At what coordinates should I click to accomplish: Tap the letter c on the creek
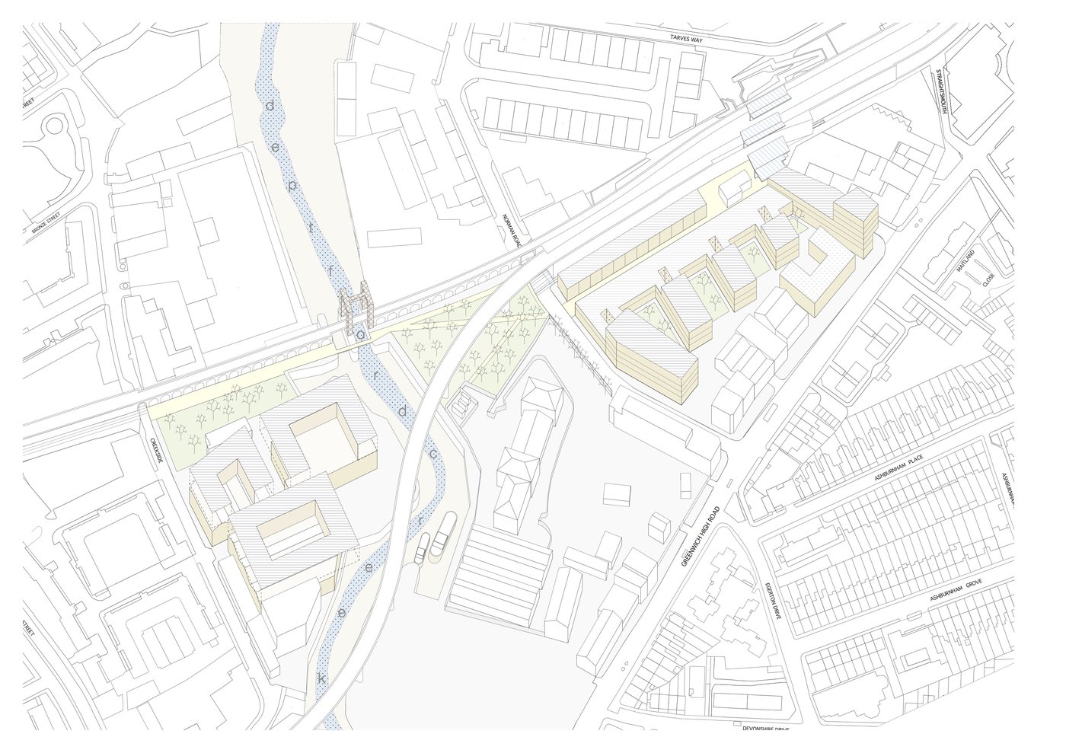[432, 454]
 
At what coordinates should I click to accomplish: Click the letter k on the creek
[321, 678]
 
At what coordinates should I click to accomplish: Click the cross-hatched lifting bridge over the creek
[357, 311]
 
